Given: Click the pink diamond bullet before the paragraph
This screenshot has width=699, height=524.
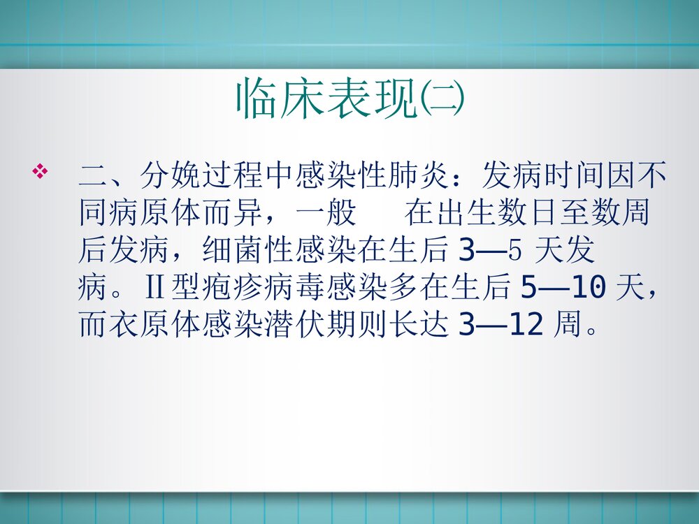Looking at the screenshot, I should coord(41,171).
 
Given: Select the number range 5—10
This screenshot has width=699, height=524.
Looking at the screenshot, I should coord(563,286).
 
